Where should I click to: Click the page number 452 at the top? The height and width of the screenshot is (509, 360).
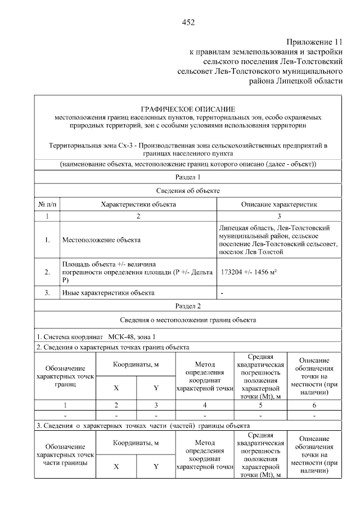tap(188, 22)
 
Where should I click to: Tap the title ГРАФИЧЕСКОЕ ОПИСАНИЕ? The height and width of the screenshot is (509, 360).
tap(188, 109)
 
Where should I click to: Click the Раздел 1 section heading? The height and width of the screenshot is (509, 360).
tap(188, 177)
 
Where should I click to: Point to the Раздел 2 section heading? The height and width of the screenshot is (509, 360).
tap(188, 307)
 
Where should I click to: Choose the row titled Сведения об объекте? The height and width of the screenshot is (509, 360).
tap(188, 191)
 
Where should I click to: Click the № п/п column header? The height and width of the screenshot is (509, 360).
tap(48, 204)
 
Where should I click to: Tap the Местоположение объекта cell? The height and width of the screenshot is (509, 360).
tap(101, 240)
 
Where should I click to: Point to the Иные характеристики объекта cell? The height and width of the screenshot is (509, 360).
tap(108, 293)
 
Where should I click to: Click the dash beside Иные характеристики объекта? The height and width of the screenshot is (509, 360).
tap(223, 293)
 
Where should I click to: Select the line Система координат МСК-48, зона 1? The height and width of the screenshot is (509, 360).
tap(96, 336)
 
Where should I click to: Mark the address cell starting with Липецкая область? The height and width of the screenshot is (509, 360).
tap(278, 240)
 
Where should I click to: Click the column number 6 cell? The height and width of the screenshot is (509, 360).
tap(314, 405)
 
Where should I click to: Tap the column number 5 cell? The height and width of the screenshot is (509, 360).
tap(260, 405)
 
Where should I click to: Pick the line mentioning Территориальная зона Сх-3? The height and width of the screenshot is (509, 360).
tap(188, 149)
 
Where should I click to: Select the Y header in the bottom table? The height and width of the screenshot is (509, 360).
tap(156, 466)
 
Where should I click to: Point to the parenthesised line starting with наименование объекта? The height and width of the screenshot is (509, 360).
tap(188, 164)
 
